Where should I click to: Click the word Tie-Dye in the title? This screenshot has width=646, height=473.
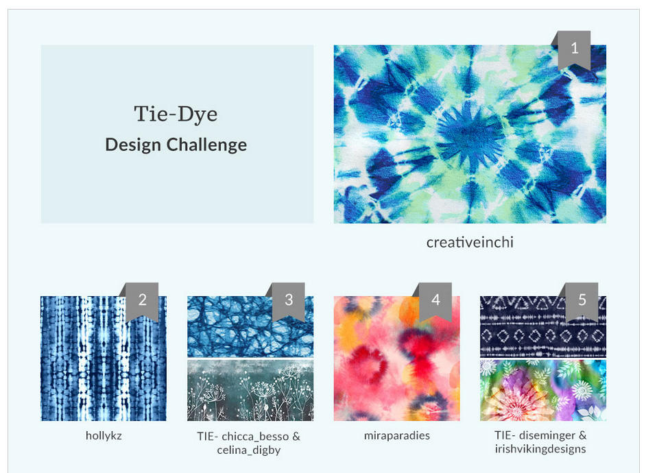pyautogui.click(x=176, y=114)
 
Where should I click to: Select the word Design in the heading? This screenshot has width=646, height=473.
pyautogui.click(x=133, y=145)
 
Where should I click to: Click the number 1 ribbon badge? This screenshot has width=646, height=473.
pyautogui.click(x=574, y=49)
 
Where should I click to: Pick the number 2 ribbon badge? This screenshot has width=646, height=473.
pyautogui.click(x=142, y=302)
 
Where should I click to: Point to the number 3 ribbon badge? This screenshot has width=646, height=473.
pyautogui.click(x=289, y=302)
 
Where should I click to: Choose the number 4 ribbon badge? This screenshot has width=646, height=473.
pyautogui.click(x=435, y=302)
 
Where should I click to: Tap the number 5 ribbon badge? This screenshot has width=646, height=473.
pyautogui.click(x=582, y=302)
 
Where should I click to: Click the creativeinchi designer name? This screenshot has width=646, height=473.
pyautogui.click(x=470, y=243)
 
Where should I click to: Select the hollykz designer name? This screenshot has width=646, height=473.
pyautogui.click(x=104, y=435)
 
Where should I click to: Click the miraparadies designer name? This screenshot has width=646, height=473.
pyautogui.click(x=397, y=435)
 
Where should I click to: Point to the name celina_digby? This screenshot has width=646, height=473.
pyautogui.click(x=249, y=450)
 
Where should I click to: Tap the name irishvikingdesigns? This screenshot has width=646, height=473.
pyautogui.click(x=540, y=449)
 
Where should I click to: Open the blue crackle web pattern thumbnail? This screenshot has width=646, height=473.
pyautogui.click(x=250, y=326)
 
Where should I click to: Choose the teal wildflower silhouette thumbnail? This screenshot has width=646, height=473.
pyautogui.click(x=250, y=390)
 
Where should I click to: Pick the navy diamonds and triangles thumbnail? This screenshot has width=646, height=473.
pyautogui.click(x=543, y=326)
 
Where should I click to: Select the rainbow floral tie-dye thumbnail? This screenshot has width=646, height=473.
pyautogui.click(x=543, y=390)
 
